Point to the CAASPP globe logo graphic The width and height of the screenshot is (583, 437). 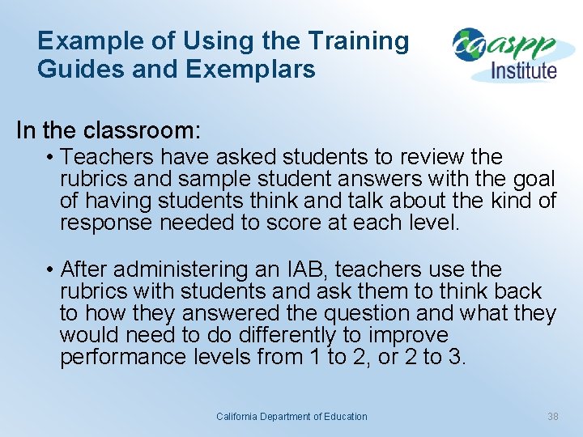pos(470,45)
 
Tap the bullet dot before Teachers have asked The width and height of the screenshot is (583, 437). pos(50,157)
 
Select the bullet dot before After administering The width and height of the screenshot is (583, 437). pos(50,269)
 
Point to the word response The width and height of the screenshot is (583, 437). pos(106,223)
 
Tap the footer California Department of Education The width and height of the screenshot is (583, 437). pos(291,417)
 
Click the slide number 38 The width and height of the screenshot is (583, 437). pos(553,417)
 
